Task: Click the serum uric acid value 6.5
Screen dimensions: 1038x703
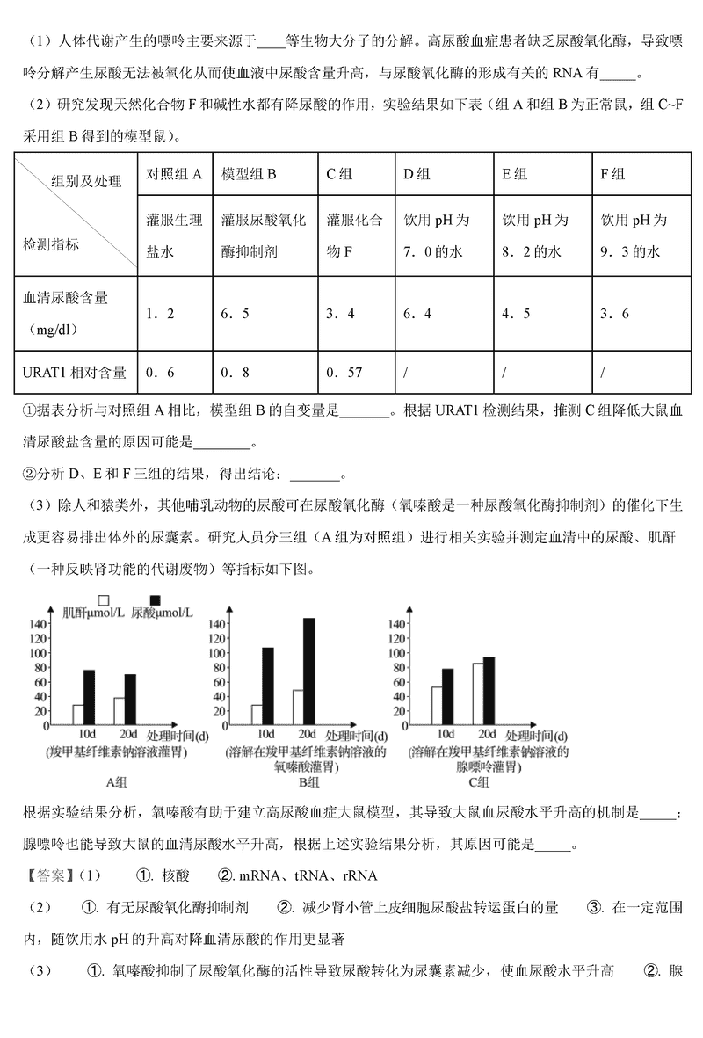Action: pyautogui.click(x=235, y=313)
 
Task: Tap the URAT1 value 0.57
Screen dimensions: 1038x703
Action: pyautogui.click(x=344, y=373)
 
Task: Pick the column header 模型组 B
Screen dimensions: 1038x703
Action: pyautogui.click(x=249, y=174)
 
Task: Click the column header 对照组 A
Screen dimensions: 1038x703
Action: pyautogui.click(x=174, y=174)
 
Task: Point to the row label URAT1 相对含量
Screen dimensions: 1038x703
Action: pyautogui.click(x=75, y=373)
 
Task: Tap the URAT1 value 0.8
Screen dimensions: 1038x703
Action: pyautogui.click(x=235, y=373)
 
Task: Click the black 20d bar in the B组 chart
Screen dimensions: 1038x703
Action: pyautogui.click(x=308, y=671)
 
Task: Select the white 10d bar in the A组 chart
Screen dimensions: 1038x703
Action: pyautogui.click(x=78, y=715)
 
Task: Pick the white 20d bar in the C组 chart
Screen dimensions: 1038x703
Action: pyautogui.click(x=477, y=693)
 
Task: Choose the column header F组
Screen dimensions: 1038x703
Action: pyautogui.click(x=612, y=174)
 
